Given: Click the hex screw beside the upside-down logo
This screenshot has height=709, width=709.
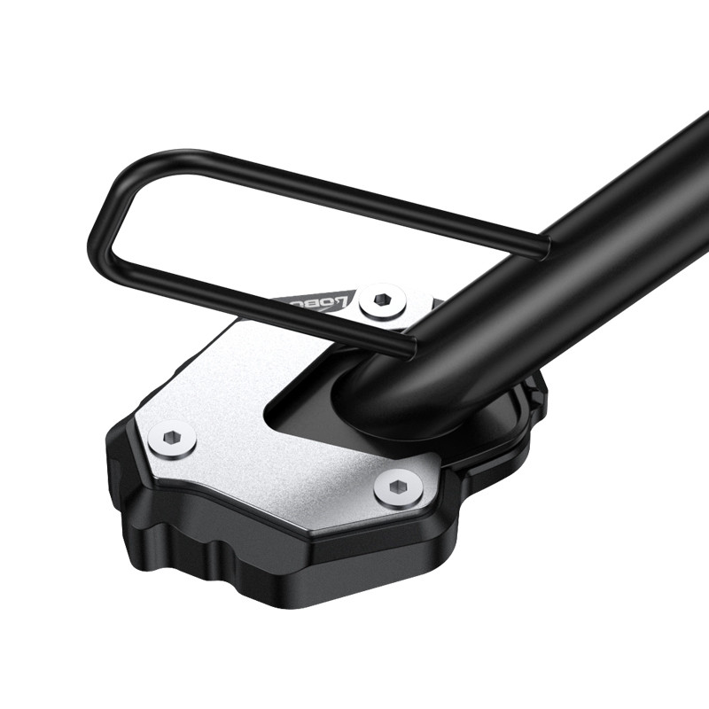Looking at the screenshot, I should (x=385, y=300).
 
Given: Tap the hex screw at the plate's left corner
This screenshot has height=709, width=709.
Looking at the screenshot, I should (x=172, y=438).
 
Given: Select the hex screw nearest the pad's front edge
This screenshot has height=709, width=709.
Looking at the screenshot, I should (x=398, y=488).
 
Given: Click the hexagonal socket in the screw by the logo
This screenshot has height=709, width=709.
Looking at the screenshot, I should (x=385, y=300).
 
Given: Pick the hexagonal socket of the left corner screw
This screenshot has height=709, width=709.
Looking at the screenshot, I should (x=172, y=438).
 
